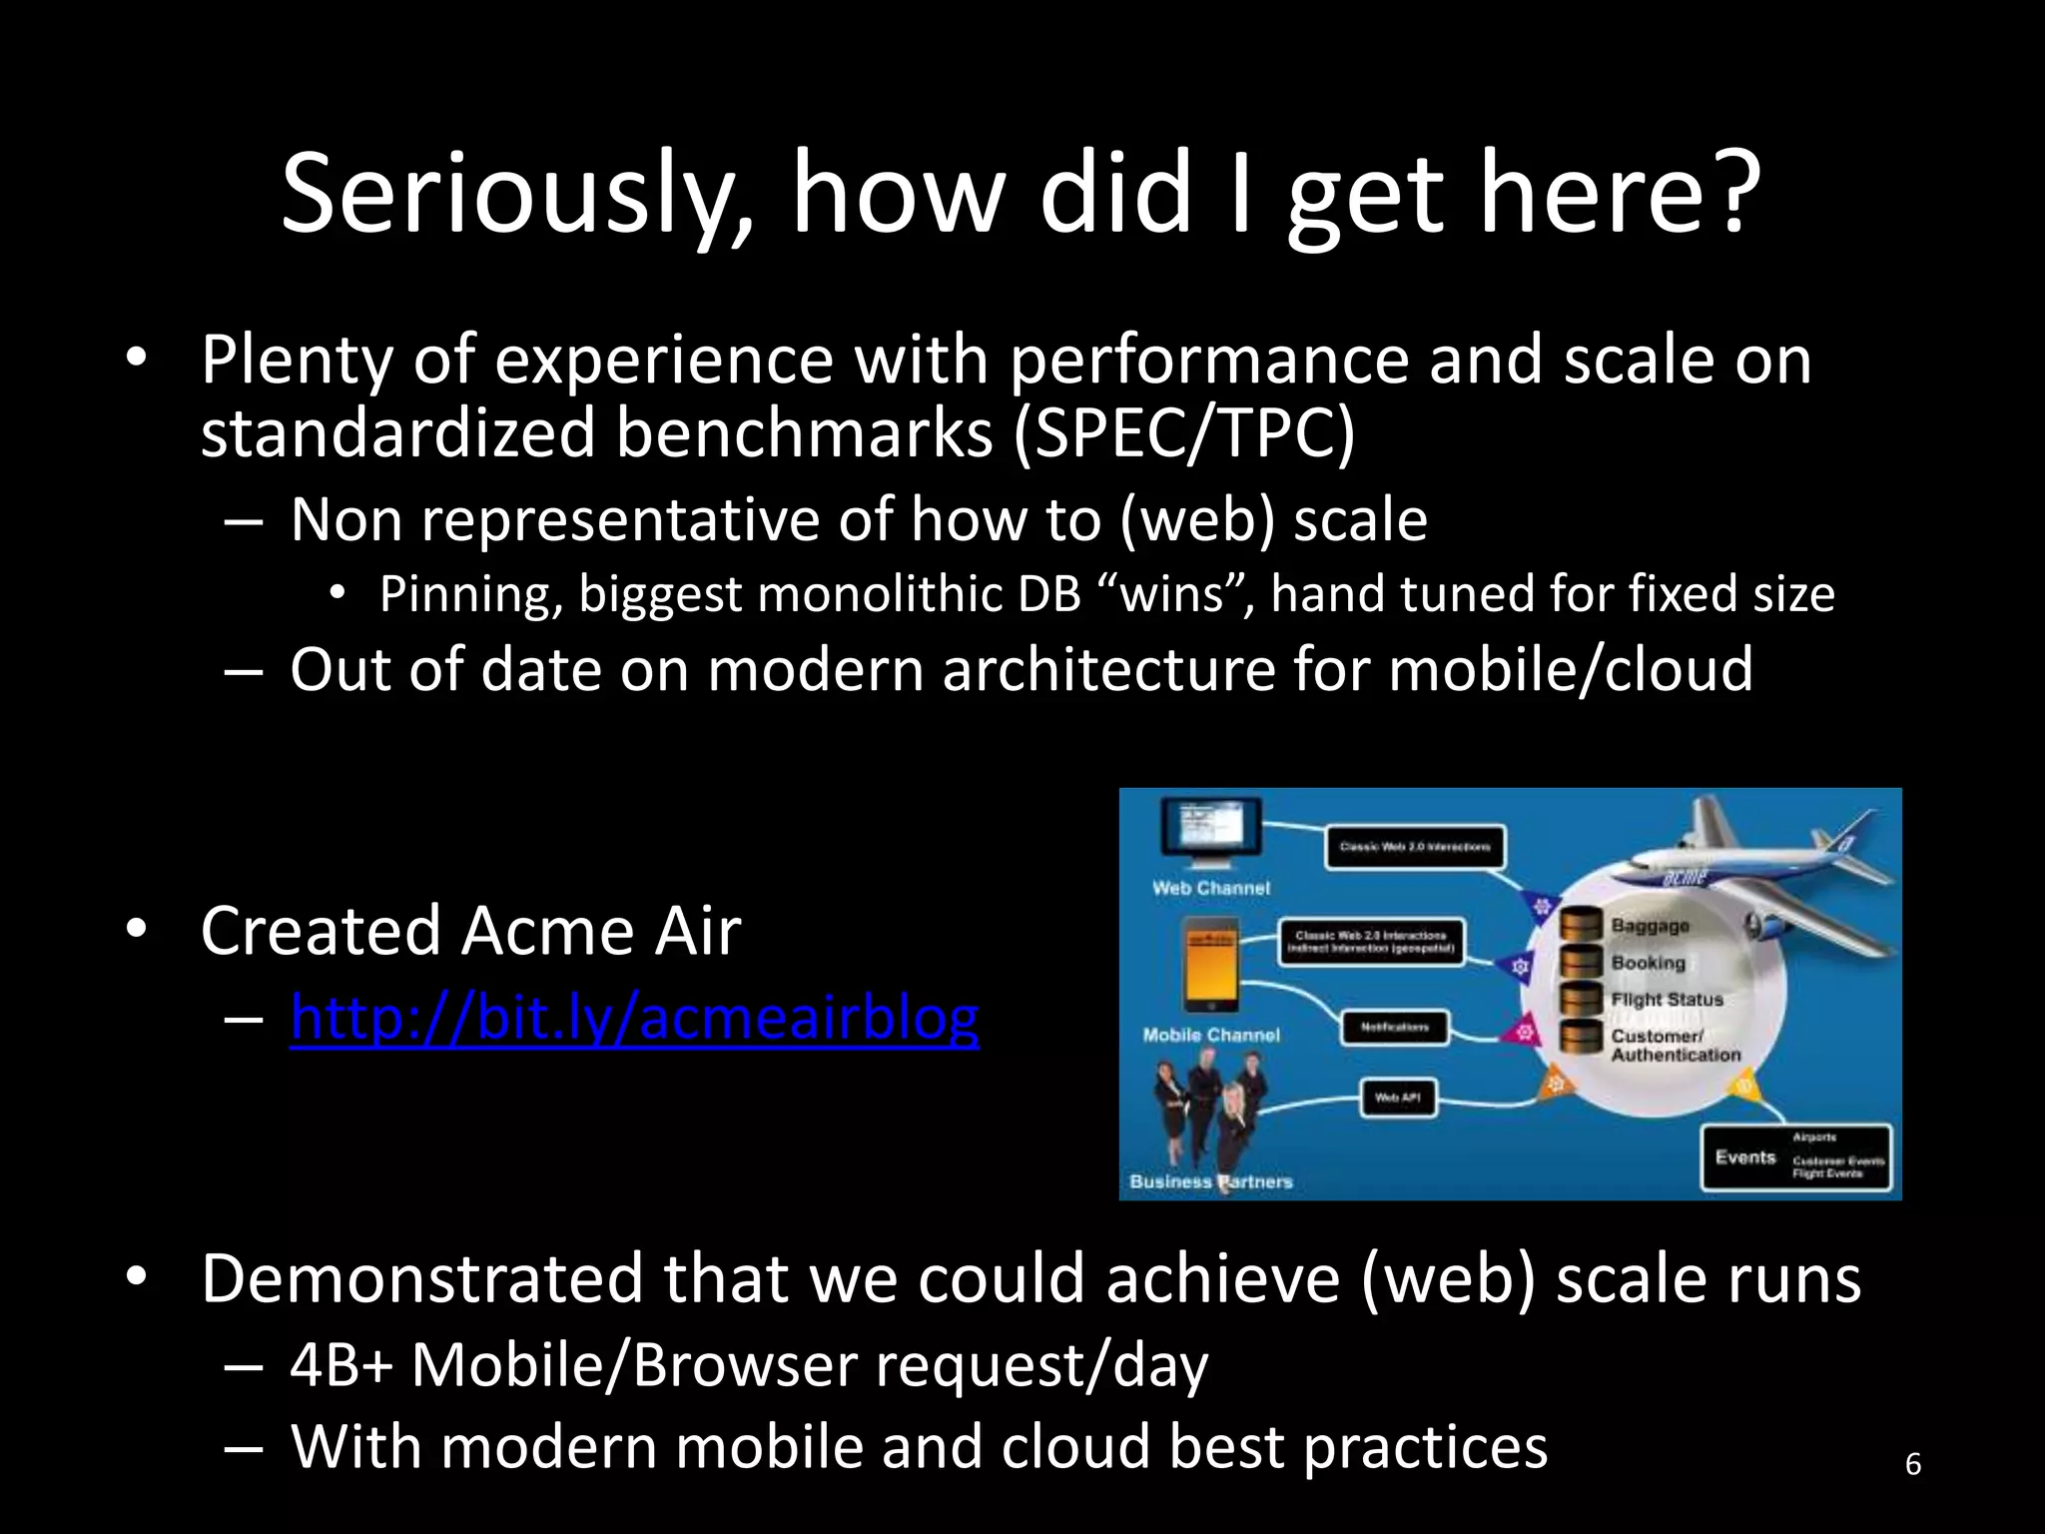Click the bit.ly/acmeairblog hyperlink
pos(634,1018)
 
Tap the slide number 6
pos(1912,1464)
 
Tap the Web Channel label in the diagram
pos(1210,888)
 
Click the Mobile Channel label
pos(1210,1035)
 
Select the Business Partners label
pos(1210,1181)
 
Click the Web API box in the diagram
pos(1398,1098)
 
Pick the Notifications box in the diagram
pos(1394,1027)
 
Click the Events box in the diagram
pos(1795,1157)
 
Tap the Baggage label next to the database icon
pos(1650,926)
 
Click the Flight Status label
pos(1667,999)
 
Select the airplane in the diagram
pos(1757,859)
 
